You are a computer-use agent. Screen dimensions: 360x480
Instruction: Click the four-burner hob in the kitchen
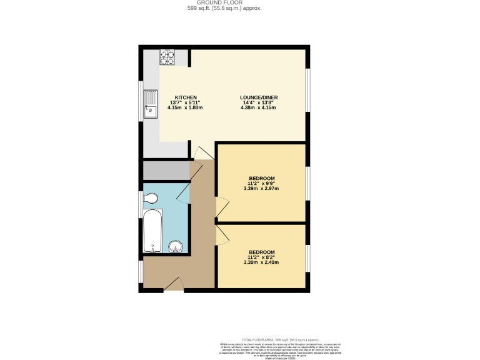point(167,57)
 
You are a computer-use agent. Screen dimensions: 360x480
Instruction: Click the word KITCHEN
point(186,97)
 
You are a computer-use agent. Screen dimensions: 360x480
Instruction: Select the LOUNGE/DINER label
point(259,97)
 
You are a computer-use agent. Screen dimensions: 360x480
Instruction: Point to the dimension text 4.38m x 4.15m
point(258,107)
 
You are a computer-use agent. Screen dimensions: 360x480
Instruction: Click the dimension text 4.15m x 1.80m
point(185,107)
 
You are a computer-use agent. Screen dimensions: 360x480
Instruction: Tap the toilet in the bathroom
point(150,199)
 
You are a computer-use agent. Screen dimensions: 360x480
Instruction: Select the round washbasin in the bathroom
point(176,246)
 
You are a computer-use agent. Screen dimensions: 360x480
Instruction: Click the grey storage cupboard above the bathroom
point(166,170)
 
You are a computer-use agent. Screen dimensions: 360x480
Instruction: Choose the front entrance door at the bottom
point(174,285)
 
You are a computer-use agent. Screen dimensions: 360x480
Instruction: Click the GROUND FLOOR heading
point(224,2)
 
